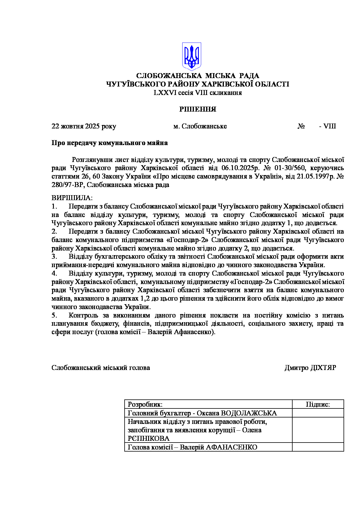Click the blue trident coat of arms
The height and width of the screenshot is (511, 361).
(192, 56)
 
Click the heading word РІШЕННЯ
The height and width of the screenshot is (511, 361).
(198, 110)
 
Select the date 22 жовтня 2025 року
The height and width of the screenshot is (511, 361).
(84, 126)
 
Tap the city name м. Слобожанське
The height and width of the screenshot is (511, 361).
(200, 126)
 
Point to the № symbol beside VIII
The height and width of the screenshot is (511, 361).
(301, 126)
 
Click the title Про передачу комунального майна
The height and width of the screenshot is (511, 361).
(109, 143)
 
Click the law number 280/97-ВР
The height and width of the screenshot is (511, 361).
(68, 185)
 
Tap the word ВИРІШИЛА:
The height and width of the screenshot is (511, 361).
(72, 198)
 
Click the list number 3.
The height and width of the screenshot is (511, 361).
(54, 257)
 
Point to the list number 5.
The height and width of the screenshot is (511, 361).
(54, 316)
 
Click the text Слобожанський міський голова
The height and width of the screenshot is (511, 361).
(101, 368)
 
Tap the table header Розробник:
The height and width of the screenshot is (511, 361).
(145, 404)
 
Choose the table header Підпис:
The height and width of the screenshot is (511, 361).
(318, 404)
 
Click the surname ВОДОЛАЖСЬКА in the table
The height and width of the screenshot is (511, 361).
(249, 413)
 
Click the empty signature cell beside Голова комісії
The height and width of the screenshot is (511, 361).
(318, 447)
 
